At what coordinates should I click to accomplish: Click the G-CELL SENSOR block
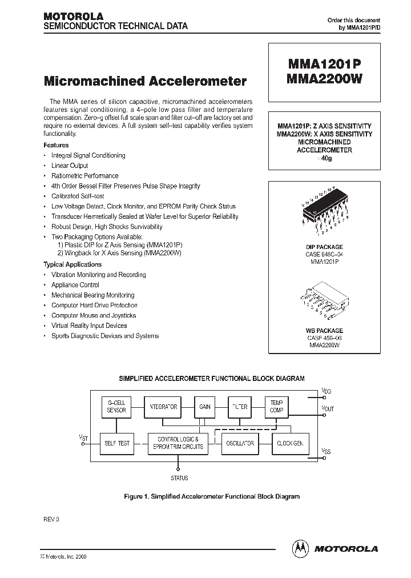(116, 407)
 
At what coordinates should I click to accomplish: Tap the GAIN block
(204, 407)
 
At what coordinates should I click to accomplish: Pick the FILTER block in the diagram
(240, 407)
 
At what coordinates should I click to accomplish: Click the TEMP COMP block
(276, 407)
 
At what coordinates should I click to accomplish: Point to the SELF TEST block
(116, 443)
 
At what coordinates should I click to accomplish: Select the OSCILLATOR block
(239, 443)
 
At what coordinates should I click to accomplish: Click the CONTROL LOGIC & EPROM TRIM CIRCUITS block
(175, 443)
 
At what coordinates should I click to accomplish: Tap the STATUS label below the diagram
(179, 478)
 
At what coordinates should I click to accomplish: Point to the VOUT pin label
(328, 408)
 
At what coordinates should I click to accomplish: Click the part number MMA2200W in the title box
(324, 80)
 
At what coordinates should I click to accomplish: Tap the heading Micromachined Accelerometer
(145, 81)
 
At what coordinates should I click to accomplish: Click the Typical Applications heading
(72, 264)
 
